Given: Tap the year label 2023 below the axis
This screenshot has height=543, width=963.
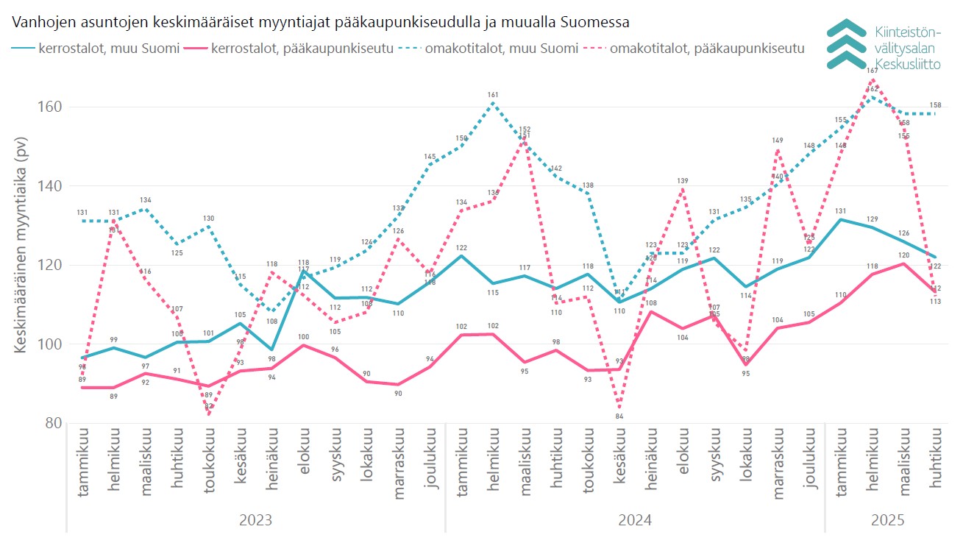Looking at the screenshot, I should point(255,520).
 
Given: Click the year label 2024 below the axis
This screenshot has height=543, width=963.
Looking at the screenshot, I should point(635,520).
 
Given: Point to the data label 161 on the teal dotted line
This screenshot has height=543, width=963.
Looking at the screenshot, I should point(493,95).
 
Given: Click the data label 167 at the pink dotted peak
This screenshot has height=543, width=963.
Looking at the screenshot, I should point(873,71).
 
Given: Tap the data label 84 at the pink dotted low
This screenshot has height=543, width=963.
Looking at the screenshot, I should point(619,416).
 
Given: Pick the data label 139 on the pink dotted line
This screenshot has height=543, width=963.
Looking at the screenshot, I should point(683,181).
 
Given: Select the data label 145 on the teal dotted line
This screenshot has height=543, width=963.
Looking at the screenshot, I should point(430,157).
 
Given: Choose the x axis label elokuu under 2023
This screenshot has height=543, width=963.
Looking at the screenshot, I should point(303,458).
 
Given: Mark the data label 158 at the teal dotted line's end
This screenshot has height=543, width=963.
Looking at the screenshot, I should point(936,105).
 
